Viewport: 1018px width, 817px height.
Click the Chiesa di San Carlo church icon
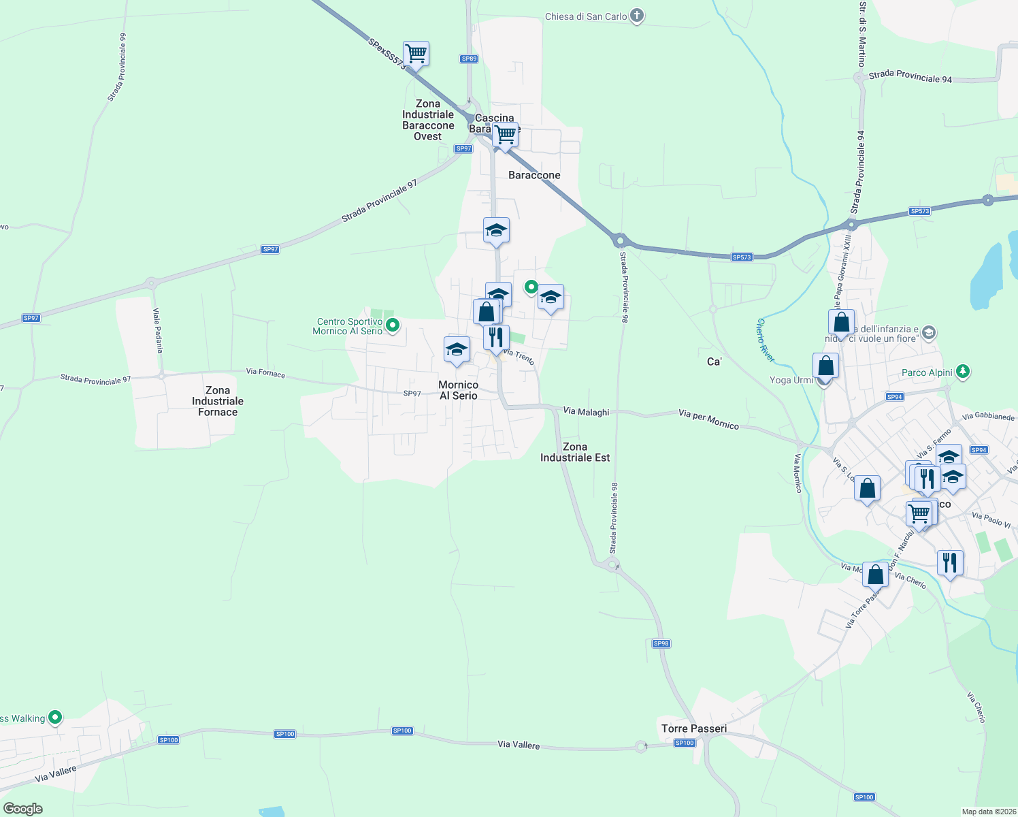(x=636, y=16)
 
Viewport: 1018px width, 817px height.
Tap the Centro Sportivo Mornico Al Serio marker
(x=392, y=326)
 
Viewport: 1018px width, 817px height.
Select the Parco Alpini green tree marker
(x=962, y=372)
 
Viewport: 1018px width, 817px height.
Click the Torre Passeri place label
(x=694, y=728)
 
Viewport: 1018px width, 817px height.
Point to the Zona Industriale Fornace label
(x=218, y=401)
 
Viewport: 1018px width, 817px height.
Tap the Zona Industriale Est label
(x=575, y=452)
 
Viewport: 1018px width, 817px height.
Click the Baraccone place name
(x=534, y=175)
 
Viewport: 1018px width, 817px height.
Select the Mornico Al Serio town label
(x=459, y=390)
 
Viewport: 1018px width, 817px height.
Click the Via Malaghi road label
(x=586, y=411)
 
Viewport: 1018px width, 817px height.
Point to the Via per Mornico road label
(x=708, y=419)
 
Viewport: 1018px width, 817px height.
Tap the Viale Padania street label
(x=158, y=330)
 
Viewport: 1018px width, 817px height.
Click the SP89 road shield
(x=469, y=59)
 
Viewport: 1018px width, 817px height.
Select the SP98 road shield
(x=661, y=643)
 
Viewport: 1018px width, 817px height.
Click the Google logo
(x=22, y=809)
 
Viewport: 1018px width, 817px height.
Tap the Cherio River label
(x=766, y=340)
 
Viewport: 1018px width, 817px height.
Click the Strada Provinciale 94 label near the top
(x=910, y=77)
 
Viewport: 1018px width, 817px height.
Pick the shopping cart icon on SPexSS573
(x=416, y=53)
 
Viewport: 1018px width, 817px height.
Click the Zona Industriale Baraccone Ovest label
(x=428, y=120)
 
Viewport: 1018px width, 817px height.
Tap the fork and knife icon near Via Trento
(x=496, y=336)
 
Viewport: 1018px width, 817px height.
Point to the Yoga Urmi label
(x=791, y=380)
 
